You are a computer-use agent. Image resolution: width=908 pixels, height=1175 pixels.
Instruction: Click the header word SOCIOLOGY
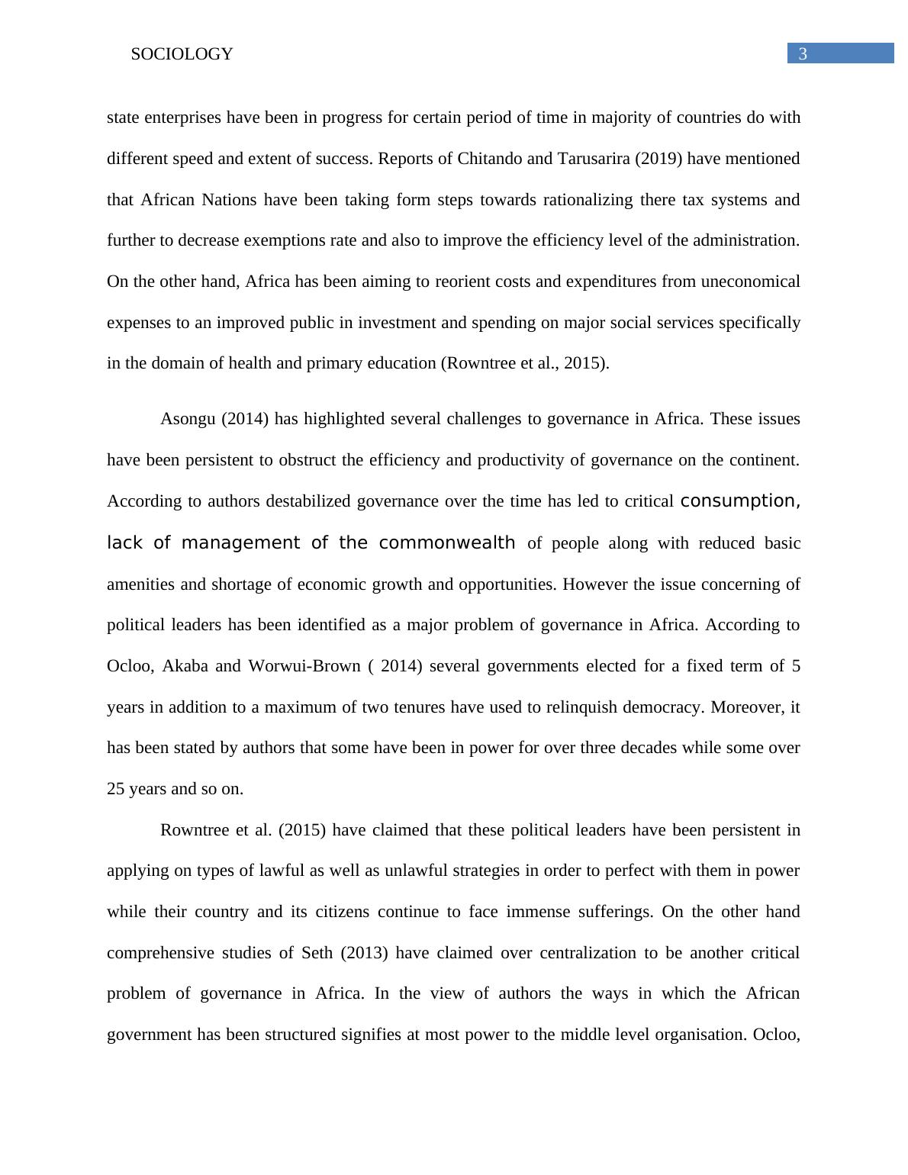point(182,54)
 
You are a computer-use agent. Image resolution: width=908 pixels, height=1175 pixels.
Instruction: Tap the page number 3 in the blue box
point(803,53)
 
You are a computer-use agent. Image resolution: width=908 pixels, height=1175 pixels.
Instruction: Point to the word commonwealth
point(447,543)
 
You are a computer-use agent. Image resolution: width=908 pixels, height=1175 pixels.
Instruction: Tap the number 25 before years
point(116,789)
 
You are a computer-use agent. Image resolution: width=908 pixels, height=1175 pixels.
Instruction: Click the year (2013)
point(365,953)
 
